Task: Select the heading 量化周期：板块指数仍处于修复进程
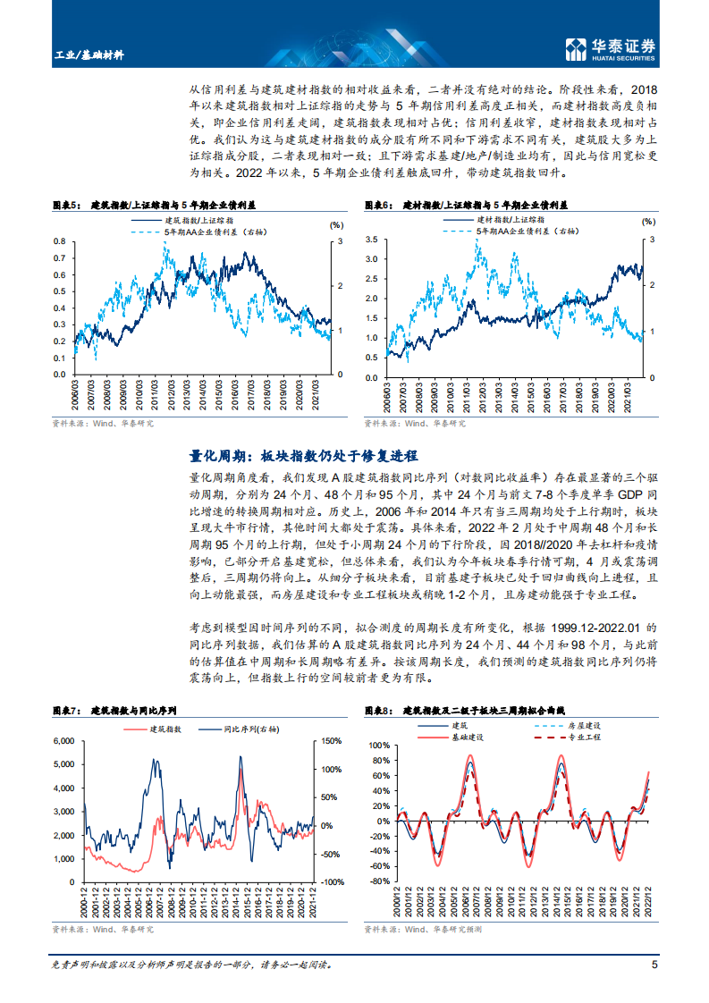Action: (x=304, y=456)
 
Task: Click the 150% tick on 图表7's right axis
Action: (x=331, y=741)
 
